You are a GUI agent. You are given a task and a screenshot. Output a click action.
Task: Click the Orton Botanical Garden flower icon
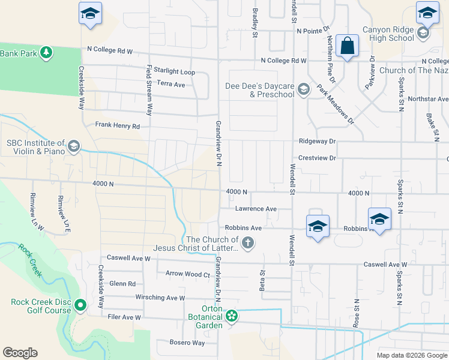click(232, 316)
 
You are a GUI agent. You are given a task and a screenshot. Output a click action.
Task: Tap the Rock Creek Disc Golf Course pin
click(80, 307)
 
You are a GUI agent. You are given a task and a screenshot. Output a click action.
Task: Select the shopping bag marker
click(348, 46)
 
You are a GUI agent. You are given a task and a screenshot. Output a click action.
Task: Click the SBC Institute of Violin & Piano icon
click(74, 146)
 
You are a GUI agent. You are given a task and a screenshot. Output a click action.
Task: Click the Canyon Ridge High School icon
click(424, 34)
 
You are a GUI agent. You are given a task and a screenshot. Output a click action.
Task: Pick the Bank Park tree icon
click(46, 53)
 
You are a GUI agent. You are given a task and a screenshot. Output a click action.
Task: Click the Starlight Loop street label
click(174, 71)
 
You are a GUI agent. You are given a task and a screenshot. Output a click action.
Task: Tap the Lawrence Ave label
click(255, 209)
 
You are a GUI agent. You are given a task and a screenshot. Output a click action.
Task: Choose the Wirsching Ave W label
click(160, 298)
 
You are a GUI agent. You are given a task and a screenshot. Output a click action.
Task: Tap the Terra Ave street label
click(170, 85)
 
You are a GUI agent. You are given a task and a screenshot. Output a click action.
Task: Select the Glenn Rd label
click(122, 284)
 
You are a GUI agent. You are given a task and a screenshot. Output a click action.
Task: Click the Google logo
click(20, 353)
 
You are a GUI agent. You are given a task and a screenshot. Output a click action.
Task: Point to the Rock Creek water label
click(30, 260)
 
